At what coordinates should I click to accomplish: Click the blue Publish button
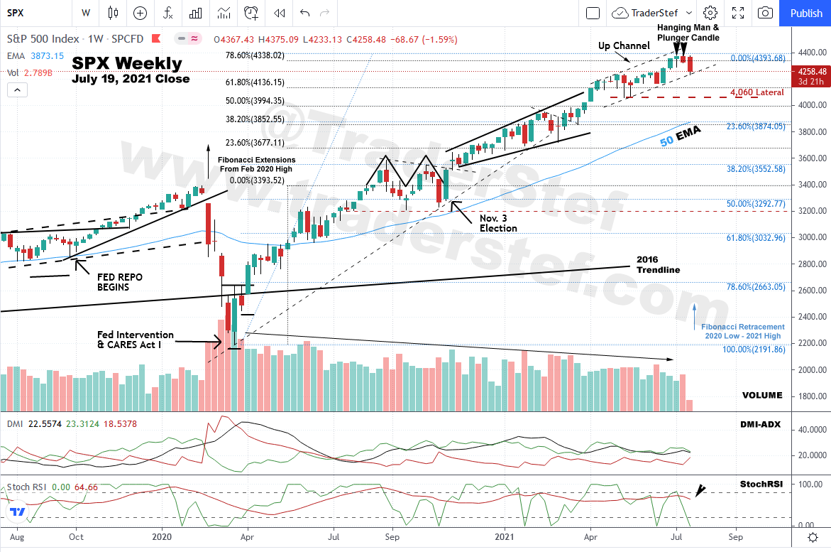(805, 13)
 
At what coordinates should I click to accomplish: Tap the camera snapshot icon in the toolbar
(765, 13)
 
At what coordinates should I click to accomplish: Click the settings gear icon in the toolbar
(710, 13)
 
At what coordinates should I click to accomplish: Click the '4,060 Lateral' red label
(757, 92)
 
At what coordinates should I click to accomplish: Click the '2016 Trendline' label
(658, 264)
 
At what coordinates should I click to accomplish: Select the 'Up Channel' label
(624, 45)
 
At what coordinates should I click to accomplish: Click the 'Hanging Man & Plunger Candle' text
(688, 32)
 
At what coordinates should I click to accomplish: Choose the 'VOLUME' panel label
(762, 395)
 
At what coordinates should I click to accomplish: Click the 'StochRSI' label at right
(761, 484)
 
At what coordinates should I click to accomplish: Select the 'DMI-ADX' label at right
(760, 424)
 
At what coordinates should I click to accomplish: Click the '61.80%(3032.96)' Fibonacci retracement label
(756, 238)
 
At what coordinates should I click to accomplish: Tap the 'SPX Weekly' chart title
(127, 64)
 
